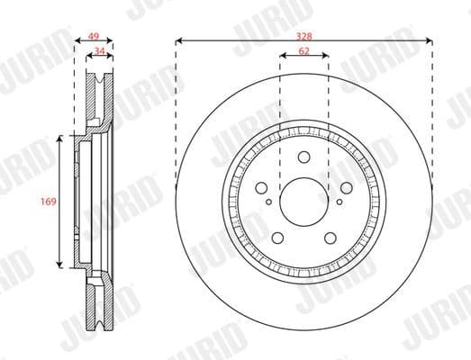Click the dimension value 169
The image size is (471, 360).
[x=50, y=202]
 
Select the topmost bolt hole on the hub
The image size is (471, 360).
[x=304, y=156]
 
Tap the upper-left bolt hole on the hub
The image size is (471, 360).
[x=262, y=187]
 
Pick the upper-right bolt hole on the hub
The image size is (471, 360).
[x=347, y=187]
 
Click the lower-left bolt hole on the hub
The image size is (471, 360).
[x=278, y=237]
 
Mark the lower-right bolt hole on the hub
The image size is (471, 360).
[x=331, y=237]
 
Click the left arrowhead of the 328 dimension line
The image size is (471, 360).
[x=180, y=40]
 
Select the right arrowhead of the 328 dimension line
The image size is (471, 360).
[x=430, y=40]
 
